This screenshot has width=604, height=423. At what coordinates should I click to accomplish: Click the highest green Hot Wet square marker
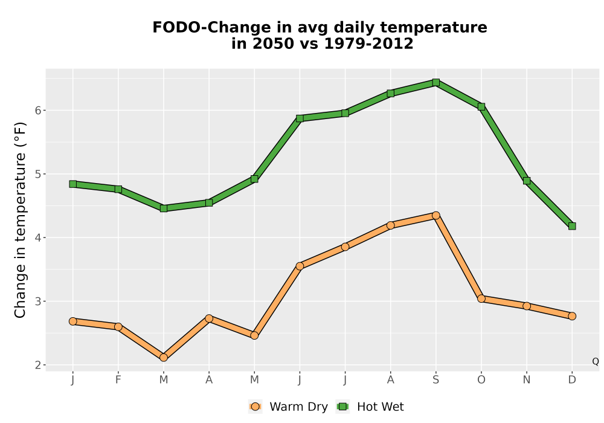pos(435,82)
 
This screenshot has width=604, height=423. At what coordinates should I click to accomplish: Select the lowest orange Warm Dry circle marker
pos(163,358)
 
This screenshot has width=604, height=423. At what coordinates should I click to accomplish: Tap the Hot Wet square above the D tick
pos(571,226)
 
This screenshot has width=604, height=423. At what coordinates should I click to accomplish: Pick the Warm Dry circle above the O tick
pos(481,299)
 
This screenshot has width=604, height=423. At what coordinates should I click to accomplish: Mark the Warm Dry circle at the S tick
pos(435,215)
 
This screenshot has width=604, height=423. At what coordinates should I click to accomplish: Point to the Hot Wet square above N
pos(527,181)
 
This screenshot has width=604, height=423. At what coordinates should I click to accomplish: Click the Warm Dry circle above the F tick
pos(118,327)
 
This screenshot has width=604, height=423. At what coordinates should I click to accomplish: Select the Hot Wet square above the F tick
pos(118,189)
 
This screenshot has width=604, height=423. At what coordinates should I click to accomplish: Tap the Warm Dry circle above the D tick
pos(571,316)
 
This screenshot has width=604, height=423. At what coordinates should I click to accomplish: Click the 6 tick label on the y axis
pos(37,111)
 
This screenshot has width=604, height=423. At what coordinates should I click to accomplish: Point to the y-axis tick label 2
pos(37,365)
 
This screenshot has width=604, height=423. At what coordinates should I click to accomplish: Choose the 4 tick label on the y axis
pos(37,237)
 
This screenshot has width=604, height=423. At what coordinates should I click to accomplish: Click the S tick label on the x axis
pos(435,380)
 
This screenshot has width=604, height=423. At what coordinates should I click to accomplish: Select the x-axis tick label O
pos(481,380)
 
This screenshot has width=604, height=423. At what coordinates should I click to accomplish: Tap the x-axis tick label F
pos(118,380)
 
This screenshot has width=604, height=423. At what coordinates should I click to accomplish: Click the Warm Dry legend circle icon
pos(255,407)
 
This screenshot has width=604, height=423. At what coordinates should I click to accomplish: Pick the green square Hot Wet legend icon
pos(342,407)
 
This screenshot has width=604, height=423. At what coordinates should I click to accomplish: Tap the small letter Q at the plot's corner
pos(596,361)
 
